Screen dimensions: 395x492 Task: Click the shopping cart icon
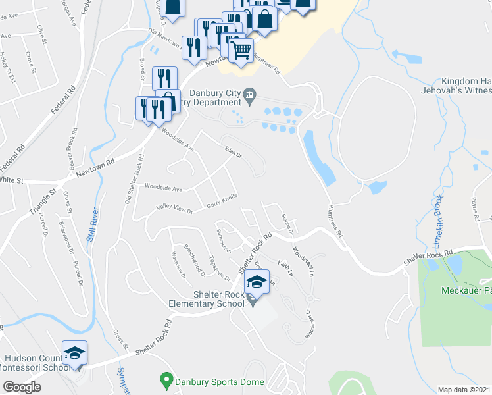(x=241, y=49)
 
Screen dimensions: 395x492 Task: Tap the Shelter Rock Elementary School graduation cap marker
(x=257, y=284)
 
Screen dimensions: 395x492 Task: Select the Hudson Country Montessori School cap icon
(x=74, y=353)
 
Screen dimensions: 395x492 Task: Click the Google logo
(x=21, y=387)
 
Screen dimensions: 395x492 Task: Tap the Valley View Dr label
(x=174, y=210)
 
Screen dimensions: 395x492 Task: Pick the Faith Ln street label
(x=284, y=267)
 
